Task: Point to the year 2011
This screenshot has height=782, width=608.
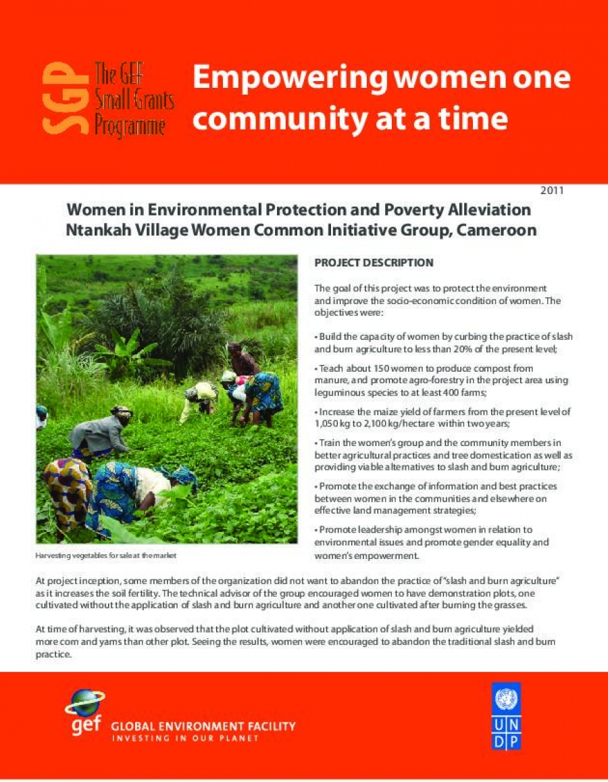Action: (552, 191)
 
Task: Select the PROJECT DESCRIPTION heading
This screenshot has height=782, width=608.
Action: (374, 262)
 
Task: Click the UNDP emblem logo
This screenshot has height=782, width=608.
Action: (506, 716)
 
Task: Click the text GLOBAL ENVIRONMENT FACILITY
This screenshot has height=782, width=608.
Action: (203, 727)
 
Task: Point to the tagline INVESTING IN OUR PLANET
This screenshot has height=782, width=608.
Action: (185, 738)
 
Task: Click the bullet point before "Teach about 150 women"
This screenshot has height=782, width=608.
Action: (317, 368)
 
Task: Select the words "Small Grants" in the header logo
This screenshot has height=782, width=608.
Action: (134, 102)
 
